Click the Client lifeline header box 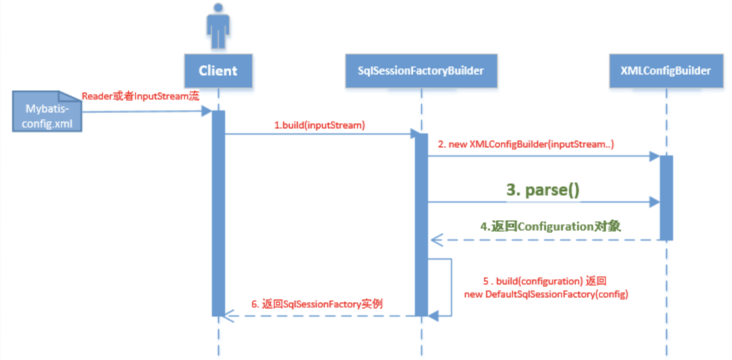tap(217, 71)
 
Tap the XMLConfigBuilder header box tap(665, 71)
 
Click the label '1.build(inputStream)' tap(319, 125)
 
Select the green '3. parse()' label tap(542, 190)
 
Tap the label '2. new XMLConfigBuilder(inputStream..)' tap(526, 145)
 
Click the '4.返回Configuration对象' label tap(550, 226)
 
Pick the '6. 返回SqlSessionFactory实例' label tap(317, 303)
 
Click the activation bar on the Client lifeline tap(218, 212)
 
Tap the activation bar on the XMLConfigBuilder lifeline tap(665, 198)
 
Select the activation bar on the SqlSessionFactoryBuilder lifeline tap(421, 223)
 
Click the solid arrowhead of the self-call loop tap(433, 315)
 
